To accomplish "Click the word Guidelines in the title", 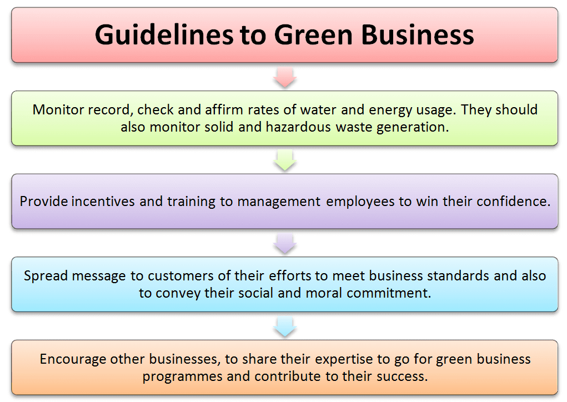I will (x=164, y=34).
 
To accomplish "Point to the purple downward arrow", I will (x=285, y=243).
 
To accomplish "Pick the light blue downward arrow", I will (x=285, y=326).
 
